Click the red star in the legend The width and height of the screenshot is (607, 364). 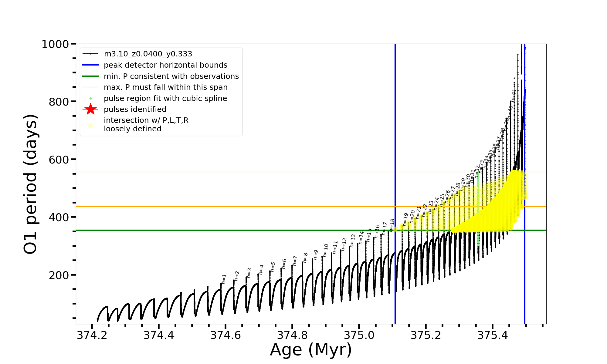(90, 109)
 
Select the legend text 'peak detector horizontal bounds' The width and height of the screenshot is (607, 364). (165, 65)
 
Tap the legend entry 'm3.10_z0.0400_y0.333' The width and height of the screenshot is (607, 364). (148, 54)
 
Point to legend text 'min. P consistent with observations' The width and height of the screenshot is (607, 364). (171, 76)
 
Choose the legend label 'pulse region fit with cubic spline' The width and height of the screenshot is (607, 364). (165, 98)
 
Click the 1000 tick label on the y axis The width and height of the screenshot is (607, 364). (55, 44)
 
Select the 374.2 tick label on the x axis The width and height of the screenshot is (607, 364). (92, 335)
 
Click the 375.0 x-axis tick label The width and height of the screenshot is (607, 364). (359, 335)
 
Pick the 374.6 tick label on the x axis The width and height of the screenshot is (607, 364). (226, 335)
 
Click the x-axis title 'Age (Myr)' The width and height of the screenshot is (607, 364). (311, 350)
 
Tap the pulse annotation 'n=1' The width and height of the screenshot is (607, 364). (224, 279)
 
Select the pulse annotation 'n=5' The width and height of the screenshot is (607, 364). (273, 267)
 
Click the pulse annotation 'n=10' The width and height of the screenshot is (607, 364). (326, 250)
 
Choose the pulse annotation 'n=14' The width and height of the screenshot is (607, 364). (361, 238)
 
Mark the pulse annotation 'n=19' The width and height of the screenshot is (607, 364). (405, 219)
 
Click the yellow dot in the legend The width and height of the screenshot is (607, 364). (90, 125)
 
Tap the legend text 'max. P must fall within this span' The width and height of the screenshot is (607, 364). (165, 87)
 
